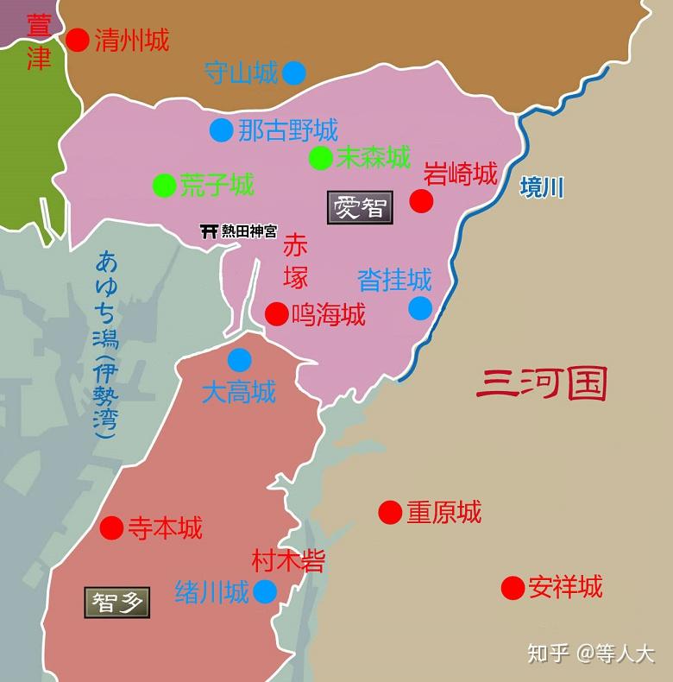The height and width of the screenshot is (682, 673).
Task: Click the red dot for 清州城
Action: point(78,40)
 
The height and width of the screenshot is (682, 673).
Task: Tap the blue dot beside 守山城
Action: point(293,73)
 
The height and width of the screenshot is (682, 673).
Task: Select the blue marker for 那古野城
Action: point(221,130)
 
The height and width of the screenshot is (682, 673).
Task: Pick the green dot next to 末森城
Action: point(320,158)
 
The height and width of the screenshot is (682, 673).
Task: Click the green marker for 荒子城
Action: point(164,185)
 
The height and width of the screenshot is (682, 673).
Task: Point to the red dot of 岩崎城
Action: point(421,201)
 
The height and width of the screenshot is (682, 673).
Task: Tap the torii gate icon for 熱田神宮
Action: point(208,231)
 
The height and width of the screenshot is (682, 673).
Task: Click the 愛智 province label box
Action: point(360,207)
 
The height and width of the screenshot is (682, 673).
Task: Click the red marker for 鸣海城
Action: point(277,313)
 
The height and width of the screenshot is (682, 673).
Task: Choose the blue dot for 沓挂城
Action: point(420,308)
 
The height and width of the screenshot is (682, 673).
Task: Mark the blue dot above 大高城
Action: point(239,360)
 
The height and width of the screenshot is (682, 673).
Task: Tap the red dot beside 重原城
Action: point(390,512)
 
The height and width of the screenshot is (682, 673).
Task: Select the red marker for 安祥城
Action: point(513,588)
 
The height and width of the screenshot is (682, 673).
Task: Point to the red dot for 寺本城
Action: point(111,527)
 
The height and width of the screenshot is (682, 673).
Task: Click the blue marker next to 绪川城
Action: point(265,591)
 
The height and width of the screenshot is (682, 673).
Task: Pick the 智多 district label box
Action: point(117,602)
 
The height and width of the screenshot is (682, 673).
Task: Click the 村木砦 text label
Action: point(288,561)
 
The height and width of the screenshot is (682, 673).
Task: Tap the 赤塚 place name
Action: point(295,260)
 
